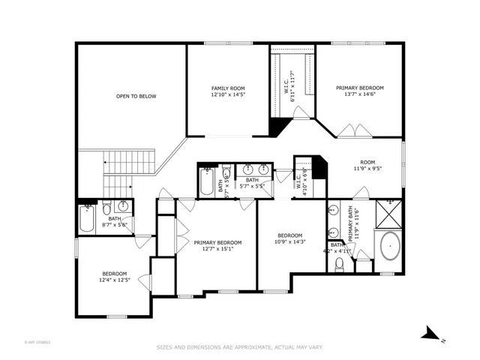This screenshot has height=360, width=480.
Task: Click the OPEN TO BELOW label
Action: tap(131, 96)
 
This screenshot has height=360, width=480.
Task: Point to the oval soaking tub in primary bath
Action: tap(390, 247)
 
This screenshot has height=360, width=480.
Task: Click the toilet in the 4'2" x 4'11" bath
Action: tap(339, 263)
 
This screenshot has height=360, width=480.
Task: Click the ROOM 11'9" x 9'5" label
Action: tap(367, 166)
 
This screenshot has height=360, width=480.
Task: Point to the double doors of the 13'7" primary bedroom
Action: tap(352, 131)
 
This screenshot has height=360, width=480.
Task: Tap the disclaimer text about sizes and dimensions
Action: tap(239, 347)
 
